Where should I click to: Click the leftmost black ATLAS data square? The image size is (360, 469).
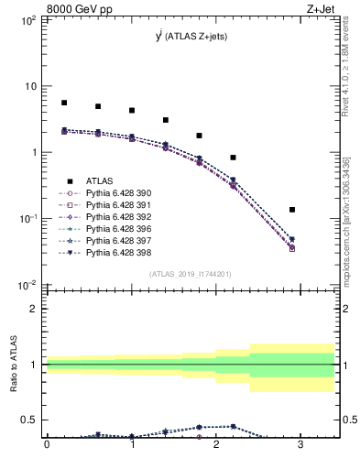[64, 103]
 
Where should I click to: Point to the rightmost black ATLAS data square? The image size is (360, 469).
[292, 210]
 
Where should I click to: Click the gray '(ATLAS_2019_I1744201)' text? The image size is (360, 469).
[191, 274]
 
